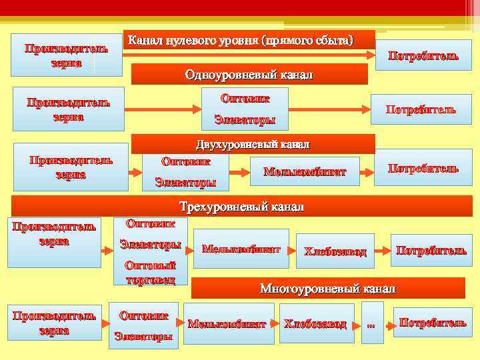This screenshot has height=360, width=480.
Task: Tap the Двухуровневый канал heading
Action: (253, 144)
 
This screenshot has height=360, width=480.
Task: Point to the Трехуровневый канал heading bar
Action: (241, 207)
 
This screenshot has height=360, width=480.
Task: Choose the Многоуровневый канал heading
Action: (327, 288)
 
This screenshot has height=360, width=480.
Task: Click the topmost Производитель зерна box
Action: (65, 55)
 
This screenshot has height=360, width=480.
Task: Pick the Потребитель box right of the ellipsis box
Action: (432, 323)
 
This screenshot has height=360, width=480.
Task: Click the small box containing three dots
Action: (371, 324)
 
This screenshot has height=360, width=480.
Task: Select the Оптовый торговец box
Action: (150, 272)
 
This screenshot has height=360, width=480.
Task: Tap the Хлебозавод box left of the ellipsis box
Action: (315, 324)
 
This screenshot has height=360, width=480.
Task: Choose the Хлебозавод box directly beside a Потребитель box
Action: (335, 251)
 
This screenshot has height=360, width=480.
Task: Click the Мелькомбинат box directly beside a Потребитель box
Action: (305, 171)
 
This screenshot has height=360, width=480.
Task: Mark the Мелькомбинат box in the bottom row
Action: (227, 324)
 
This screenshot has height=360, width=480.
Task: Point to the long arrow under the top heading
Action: (247, 58)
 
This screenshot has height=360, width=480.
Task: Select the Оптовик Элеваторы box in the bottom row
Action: (143, 325)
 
